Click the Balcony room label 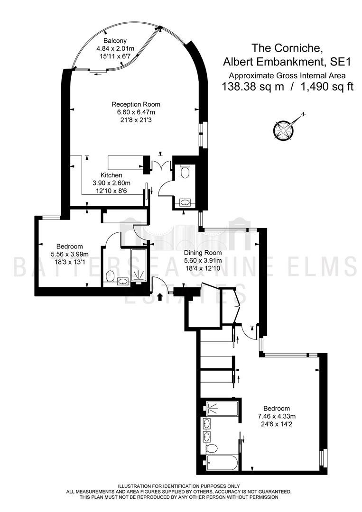115,41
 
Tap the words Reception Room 136,104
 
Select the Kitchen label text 111,175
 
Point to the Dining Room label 203,253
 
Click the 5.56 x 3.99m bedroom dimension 70,254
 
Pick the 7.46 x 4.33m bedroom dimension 277,416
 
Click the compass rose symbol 282,128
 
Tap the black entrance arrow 160,297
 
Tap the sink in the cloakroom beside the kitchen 185,203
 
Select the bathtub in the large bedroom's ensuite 222,463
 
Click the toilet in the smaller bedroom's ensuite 110,276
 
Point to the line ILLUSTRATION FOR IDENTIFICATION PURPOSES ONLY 179,495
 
